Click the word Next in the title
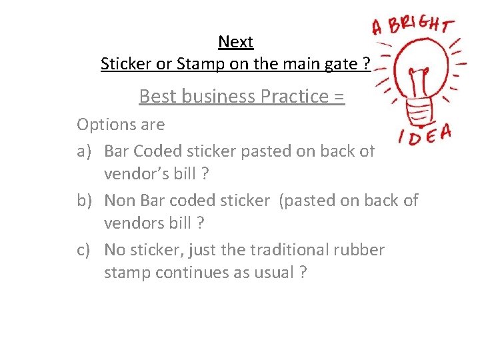235,42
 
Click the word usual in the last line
271,273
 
